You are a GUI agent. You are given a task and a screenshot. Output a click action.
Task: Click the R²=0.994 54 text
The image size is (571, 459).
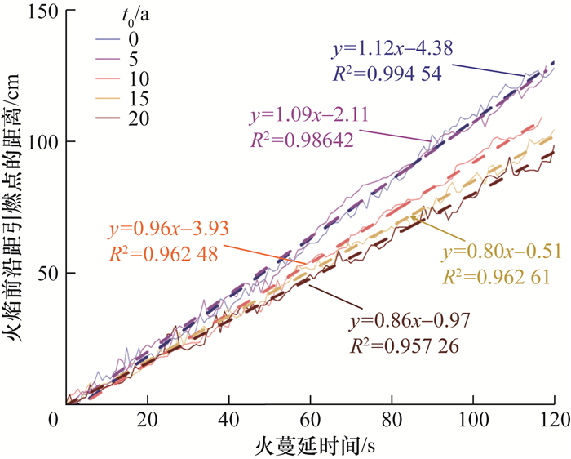(x=387, y=74)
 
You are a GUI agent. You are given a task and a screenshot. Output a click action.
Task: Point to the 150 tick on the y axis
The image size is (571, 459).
(x=39, y=11)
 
